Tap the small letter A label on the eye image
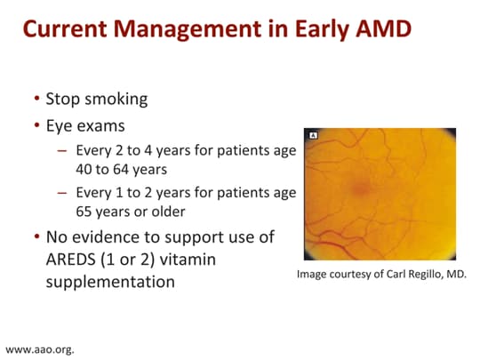[x=312, y=135]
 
